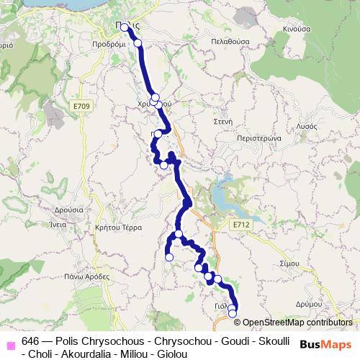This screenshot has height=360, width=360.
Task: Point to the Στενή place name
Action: click(222, 122)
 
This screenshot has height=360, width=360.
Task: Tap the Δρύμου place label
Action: click(308, 305)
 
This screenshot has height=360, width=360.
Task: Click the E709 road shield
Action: click(81, 107)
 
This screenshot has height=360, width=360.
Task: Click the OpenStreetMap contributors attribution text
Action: click(297, 323)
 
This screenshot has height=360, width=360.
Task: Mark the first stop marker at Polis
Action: click(125, 27)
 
